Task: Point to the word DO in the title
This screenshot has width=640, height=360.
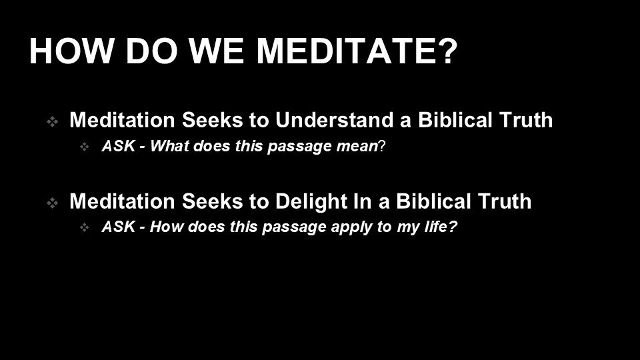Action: point(151,51)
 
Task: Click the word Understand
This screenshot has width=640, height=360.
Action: point(334,120)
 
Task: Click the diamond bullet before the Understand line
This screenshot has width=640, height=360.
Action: point(52,121)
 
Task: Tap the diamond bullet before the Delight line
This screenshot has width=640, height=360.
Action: point(52,203)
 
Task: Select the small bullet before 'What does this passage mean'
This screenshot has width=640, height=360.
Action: point(85,147)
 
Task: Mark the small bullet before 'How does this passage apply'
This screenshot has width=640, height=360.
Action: point(85,227)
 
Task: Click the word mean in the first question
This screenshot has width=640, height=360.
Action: point(357,146)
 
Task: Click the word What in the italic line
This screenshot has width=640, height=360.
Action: point(169,146)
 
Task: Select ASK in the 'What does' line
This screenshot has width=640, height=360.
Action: point(119,146)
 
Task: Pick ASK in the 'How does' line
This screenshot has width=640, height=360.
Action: point(119,227)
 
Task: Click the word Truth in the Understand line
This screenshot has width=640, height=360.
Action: point(526,120)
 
